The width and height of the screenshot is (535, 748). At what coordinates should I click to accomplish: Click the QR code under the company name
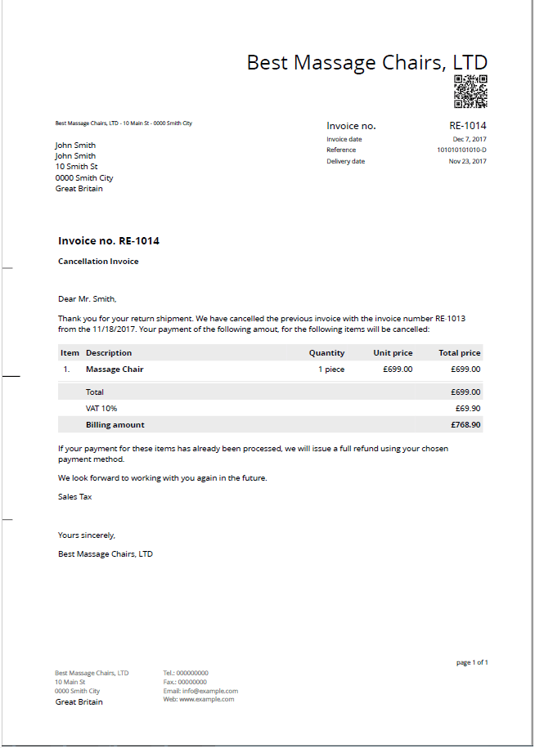(470, 92)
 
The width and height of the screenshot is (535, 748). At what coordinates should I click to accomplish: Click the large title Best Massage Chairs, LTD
(367, 63)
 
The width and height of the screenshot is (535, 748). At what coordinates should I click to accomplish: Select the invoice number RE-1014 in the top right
(468, 126)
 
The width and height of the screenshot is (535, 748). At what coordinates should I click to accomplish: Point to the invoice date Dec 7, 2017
(470, 139)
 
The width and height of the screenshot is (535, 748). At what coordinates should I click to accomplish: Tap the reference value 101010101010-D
(461, 150)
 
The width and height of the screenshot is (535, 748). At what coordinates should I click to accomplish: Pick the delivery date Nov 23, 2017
(468, 161)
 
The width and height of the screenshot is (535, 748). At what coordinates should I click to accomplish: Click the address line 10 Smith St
(76, 167)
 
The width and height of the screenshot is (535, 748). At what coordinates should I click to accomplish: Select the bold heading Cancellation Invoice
(98, 262)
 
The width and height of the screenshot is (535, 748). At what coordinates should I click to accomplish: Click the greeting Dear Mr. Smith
(87, 299)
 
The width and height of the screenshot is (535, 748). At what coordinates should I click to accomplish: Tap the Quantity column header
(326, 353)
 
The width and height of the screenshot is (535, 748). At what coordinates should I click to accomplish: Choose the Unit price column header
(393, 353)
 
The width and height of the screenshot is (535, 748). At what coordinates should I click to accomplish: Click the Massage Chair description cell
(115, 370)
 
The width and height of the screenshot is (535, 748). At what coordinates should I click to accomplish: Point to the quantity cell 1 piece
(331, 370)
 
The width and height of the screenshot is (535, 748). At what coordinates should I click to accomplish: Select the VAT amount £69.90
(468, 408)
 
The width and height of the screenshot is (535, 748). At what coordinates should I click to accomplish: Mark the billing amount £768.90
(465, 425)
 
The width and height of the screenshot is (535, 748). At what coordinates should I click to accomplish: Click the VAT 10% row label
(101, 408)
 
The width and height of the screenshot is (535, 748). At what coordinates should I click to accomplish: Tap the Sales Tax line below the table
(74, 496)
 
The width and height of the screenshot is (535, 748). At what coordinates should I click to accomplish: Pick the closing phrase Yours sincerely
(87, 535)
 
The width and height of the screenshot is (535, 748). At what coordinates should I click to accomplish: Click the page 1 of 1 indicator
(472, 662)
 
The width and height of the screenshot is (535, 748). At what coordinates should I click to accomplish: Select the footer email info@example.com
(200, 691)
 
